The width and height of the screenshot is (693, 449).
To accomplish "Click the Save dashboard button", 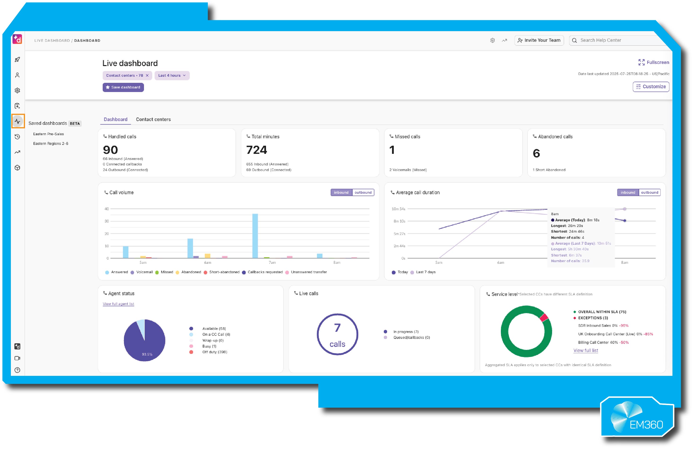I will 123,87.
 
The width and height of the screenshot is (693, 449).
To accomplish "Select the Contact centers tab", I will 153,119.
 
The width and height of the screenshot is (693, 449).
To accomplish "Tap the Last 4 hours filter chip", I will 172,75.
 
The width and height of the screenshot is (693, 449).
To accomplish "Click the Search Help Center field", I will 617,40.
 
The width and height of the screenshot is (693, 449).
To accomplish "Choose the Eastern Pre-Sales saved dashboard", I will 48,134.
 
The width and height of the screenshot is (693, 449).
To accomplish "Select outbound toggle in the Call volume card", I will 363,192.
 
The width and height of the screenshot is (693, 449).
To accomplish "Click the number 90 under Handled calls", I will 110,150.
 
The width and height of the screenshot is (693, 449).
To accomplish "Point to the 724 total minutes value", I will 256,150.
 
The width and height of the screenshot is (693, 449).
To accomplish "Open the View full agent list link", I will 118,304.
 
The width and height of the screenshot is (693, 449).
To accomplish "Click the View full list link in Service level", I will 586,350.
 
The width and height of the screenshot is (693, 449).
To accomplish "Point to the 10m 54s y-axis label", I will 398,209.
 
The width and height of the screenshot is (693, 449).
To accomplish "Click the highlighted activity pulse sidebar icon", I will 17,121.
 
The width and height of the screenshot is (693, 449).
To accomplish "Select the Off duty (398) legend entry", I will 214,352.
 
